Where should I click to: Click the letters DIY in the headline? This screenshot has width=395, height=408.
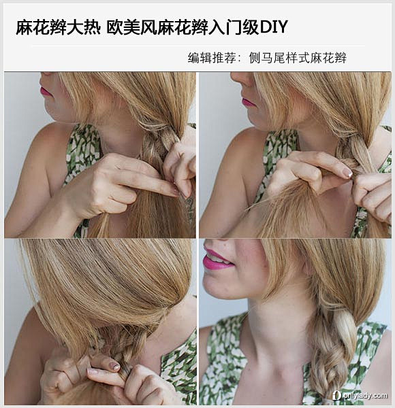[x=274, y=27]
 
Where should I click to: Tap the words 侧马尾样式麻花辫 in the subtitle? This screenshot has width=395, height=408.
[x=298, y=58]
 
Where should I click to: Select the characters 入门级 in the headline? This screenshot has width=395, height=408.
[x=234, y=27]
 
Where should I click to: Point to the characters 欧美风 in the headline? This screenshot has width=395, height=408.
[x=132, y=27]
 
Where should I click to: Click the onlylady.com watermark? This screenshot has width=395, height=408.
[x=360, y=396]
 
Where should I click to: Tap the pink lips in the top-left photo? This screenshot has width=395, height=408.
[x=45, y=91]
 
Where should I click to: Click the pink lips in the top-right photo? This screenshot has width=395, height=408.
[x=249, y=102]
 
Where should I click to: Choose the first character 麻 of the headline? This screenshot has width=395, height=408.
[x=25, y=27]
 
